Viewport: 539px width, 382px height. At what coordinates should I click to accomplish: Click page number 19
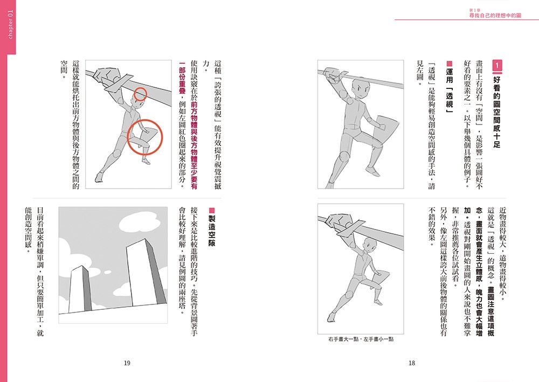click(x=127, y=363)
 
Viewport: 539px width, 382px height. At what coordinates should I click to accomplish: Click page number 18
click(x=412, y=363)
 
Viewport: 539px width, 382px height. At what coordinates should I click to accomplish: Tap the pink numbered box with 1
click(x=497, y=66)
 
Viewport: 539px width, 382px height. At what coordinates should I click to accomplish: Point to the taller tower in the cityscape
click(x=146, y=272)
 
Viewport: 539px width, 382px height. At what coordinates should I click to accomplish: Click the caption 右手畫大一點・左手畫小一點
click(x=361, y=339)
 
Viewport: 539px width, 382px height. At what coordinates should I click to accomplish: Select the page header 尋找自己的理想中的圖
click(x=495, y=16)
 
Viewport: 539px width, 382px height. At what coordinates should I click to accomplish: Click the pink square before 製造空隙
click(x=212, y=210)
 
